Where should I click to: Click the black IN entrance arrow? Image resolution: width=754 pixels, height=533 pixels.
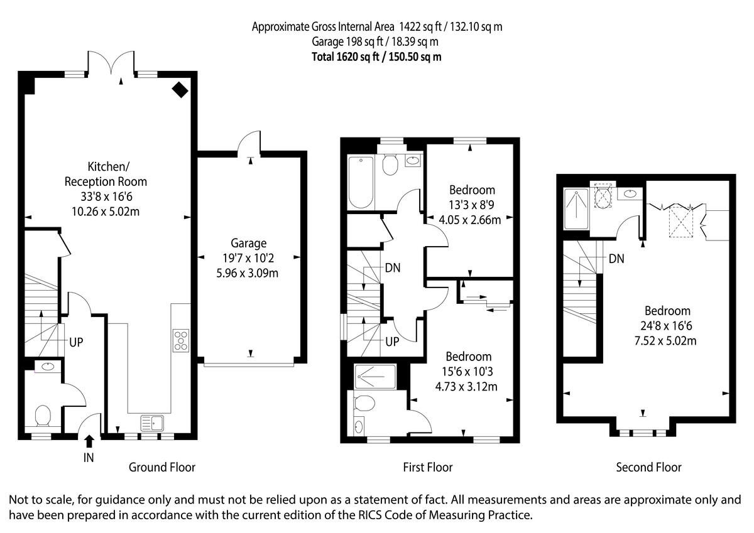coord(89,441)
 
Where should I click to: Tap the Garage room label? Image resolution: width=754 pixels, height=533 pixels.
coord(249,243)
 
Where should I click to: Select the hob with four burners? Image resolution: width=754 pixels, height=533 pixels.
coord(181,340)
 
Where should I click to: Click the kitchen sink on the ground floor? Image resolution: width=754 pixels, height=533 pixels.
coord(151,423)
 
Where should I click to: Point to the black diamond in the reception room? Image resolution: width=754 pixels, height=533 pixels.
coord(180,90)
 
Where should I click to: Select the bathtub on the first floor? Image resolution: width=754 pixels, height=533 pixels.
coord(361,182)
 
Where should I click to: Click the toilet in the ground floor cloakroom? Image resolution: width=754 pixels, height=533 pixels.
coord(43,415)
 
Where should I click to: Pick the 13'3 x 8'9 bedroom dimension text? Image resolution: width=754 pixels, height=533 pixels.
coord(472,205)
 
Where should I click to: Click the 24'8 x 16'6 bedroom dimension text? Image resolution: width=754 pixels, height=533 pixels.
coord(667,326)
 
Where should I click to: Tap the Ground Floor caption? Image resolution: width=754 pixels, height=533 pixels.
coord(162,467)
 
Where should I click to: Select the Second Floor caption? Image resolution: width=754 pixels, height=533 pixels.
coord(648,467)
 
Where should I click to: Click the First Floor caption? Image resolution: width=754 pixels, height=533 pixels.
coord(427,467)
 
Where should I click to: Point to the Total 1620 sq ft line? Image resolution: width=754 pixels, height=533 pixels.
coord(377,57)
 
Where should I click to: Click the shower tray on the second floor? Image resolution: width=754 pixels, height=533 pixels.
coord(576,208)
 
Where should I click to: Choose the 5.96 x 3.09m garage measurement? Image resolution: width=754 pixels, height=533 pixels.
coord(249,273)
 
